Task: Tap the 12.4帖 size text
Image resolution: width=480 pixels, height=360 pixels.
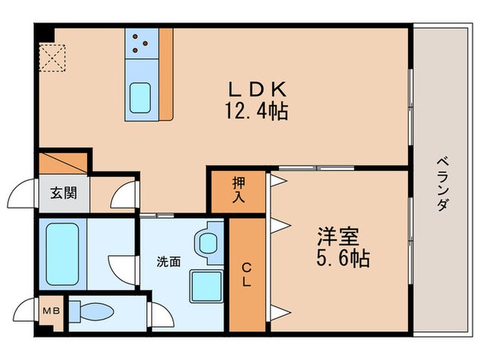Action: pyautogui.click(x=256, y=110)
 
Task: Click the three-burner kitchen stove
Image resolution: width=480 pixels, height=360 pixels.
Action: pyautogui.click(x=142, y=43)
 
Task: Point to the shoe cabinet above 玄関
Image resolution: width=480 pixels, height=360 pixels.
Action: pyautogui.click(x=62, y=163)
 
